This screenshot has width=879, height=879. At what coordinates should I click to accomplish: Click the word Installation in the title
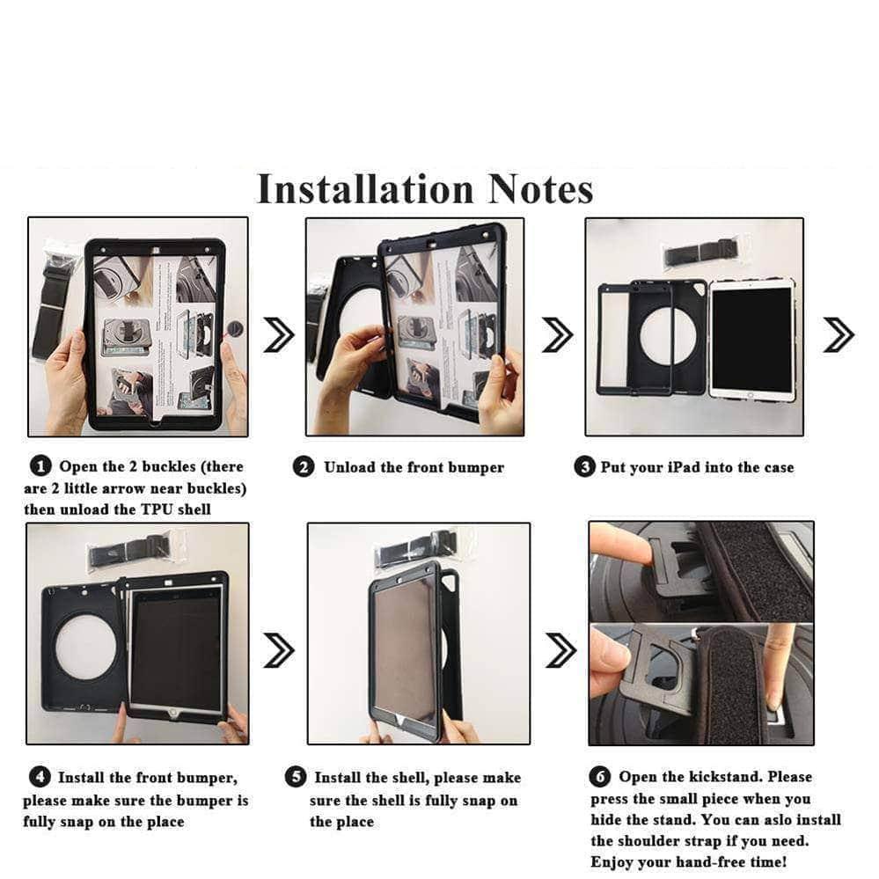pos(365,189)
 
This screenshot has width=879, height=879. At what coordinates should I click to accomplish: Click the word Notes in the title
pos(540,189)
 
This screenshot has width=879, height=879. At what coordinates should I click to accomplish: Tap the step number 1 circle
pos(40,466)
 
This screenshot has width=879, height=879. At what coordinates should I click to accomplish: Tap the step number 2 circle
pos(304,467)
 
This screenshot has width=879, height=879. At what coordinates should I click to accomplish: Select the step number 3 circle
pos(584,467)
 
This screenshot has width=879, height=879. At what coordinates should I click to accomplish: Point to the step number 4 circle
pos(40,777)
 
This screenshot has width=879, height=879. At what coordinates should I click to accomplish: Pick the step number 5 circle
pos(296,776)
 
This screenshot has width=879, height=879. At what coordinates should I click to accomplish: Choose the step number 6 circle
pos(599,776)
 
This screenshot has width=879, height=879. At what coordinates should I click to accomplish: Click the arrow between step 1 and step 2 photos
pos(279,334)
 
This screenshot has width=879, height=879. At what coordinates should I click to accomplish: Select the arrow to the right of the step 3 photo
pos(839,334)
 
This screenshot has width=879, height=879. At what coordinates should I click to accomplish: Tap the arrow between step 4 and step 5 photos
pos(279,650)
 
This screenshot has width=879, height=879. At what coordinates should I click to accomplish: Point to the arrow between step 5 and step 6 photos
pos(560,650)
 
